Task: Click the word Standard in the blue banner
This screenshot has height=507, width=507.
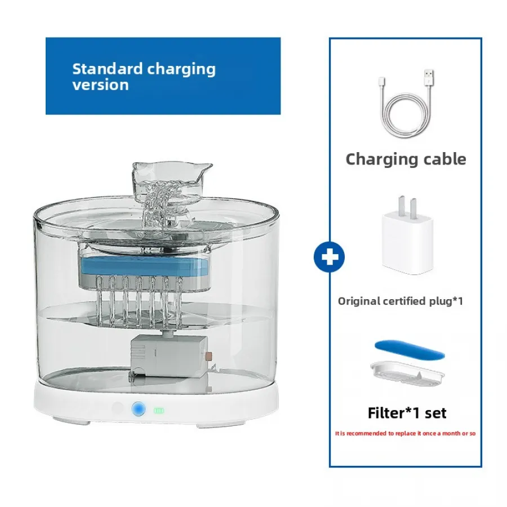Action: (x=107, y=69)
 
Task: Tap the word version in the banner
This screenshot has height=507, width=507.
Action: (x=100, y=85)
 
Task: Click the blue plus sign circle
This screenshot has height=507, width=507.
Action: (x=330, y=257)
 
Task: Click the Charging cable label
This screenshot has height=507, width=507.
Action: (x=406, y=159)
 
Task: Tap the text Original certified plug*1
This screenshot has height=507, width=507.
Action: (x=400, y=301)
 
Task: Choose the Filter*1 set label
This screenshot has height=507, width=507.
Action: (x=407, y=413)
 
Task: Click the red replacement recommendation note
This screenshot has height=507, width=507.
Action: (x=406, y=434)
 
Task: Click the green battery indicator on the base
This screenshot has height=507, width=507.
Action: (x=159, y=411)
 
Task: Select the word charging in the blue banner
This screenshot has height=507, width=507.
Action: (x=181, y=69)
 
